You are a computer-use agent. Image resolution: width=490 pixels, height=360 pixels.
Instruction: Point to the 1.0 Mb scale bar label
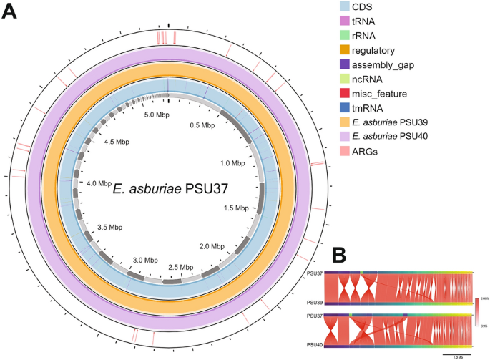pos(451,356)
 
